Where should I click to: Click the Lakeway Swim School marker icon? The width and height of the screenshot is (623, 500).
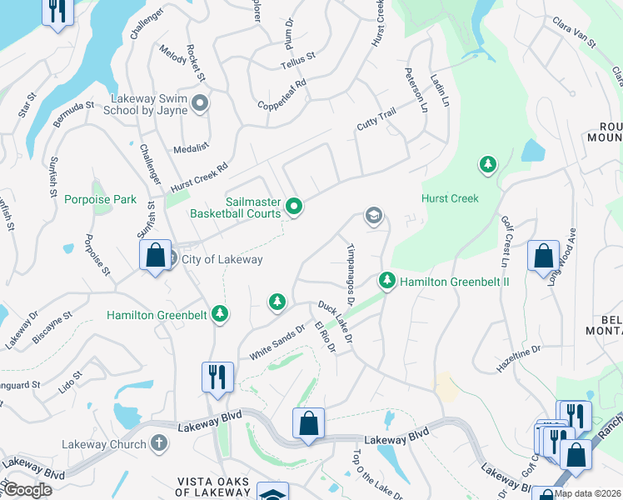[x=200, y=103]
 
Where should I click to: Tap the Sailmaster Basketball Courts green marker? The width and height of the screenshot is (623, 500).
[x=293, y=205]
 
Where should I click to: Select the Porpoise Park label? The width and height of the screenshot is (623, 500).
[x=100, y=200]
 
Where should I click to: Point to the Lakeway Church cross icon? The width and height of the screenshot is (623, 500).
[x=159, y=442]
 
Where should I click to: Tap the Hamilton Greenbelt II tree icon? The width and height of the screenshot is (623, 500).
[x=386, y=280]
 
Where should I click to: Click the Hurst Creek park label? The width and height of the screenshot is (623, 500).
[x=450, y=199]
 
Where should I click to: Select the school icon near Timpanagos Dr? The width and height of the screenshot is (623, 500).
[x=374, y=217]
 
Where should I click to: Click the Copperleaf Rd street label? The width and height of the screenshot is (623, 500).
[x=282, y=95]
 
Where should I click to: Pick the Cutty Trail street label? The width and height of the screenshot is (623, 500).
[x=376, y=124]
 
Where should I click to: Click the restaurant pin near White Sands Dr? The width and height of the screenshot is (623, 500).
[x=217, y=376]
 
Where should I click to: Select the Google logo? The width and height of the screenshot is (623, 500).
[x=28, y=489]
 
